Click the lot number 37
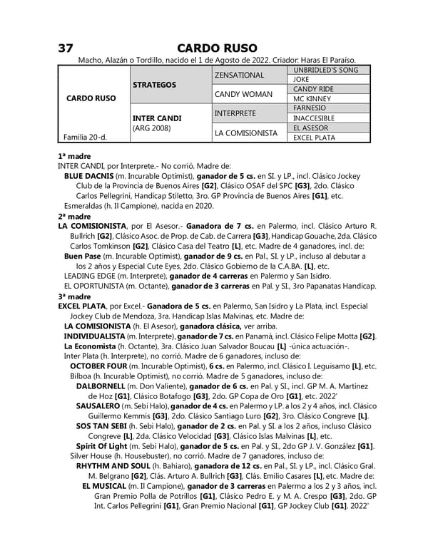tap(66, 48)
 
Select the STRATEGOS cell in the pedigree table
tap(155, 85)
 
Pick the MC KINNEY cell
tap(312, 99)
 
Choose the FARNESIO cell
tap(310, 108)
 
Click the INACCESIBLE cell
tap(315, 118)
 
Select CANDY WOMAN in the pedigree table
tap(243, 94)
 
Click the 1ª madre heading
tap(74, 155)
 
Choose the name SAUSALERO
tap(101, 405)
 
